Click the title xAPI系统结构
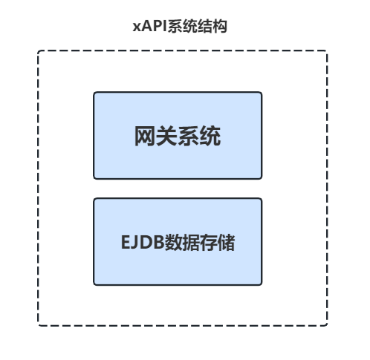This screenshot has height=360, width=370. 180,26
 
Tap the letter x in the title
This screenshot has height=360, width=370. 137,27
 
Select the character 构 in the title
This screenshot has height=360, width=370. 220,26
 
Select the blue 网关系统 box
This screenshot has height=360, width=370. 178,135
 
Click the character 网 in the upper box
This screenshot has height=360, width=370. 145,136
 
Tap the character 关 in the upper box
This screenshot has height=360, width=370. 166,136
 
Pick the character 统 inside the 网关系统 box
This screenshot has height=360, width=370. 210,136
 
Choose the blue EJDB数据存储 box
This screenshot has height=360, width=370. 178,241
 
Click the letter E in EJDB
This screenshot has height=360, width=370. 126,242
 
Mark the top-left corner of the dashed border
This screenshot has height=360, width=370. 38,50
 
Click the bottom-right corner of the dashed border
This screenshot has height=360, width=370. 327,326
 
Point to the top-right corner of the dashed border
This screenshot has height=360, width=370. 327,50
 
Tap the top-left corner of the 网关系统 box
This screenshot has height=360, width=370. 94,92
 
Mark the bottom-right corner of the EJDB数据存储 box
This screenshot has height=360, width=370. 262,285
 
